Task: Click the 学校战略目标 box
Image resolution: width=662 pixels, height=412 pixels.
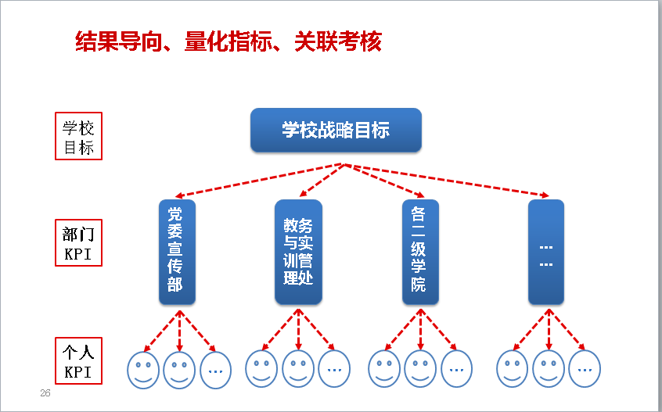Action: [336, 130]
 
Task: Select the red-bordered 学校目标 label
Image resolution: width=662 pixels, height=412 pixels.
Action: [79, 137]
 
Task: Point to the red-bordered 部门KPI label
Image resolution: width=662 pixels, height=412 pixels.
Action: [79, 243]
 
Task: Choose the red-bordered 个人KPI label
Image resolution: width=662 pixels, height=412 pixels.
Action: [79, 360]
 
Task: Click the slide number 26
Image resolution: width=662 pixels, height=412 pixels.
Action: [45, 393]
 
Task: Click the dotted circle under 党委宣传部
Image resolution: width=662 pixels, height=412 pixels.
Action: [216, 370]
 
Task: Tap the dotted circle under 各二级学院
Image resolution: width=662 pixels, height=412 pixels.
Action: [457, 370]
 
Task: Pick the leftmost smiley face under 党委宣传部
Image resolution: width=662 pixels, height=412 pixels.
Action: [143, 370]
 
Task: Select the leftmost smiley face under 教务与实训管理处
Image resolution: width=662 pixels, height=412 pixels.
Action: [261, 370]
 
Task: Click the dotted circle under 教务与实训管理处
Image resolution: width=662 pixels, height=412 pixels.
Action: [334, 370]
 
